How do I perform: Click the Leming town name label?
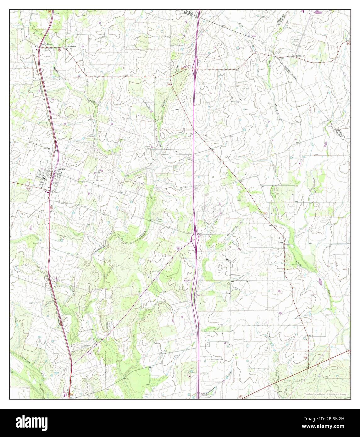tap(62, 169)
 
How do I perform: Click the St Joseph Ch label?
tap(70, 47)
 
